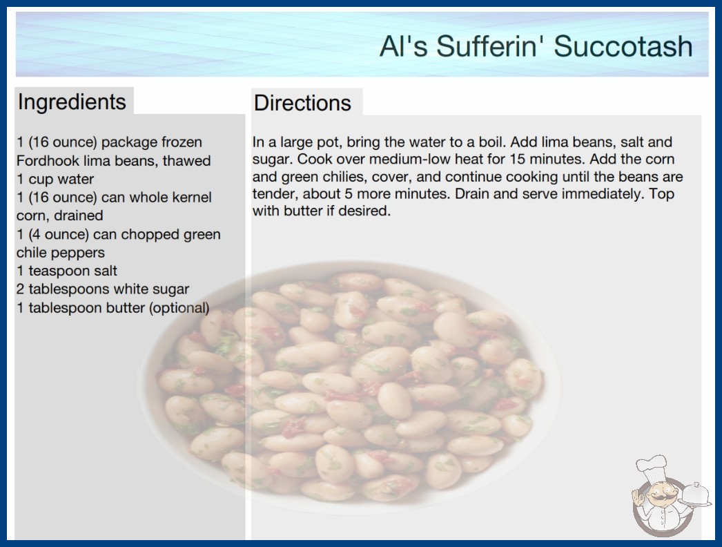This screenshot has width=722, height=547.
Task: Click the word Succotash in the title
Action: tap(623, 46)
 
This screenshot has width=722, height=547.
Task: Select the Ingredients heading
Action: tap(72, 102)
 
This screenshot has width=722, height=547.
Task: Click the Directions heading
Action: tap(302, 103)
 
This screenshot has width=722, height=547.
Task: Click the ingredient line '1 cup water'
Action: tap(55, 180)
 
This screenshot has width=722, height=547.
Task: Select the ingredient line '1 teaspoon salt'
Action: tap(67, 271)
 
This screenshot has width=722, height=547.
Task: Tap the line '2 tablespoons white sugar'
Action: tap(103, 289)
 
